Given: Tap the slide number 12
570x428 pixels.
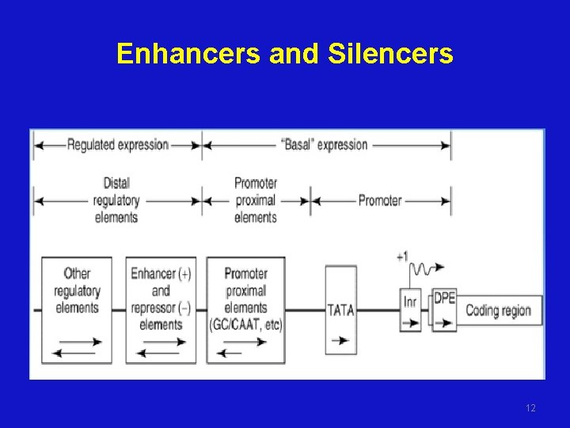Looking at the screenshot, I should (530, 408).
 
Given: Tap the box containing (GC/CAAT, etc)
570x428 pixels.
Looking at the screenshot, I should (245, 309).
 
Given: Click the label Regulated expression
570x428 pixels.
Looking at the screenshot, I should (118, 144).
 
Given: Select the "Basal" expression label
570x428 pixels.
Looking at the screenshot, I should (325, 144).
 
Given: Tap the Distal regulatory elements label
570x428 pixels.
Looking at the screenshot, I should (116, 201).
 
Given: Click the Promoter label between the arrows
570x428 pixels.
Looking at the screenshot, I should (380, 201).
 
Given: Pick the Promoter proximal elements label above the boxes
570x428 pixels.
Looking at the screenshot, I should (256, 201).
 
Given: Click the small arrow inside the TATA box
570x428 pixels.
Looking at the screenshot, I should (340, 339).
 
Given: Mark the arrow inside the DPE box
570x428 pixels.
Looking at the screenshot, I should (444, 323).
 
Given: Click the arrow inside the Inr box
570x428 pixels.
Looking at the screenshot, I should (410, 323).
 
